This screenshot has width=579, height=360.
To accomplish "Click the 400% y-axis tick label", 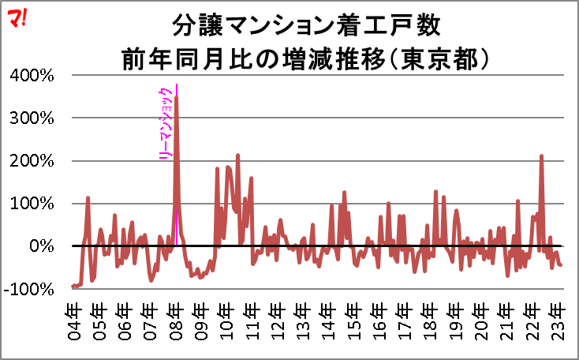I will tap(32, 76).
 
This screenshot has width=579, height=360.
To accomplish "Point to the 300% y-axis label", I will tap(32, 118).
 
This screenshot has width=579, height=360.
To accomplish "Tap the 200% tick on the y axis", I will tap(32, 161).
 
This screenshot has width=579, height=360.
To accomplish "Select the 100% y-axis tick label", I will tap(32, 204).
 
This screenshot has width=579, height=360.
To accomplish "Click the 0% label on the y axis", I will tap(39, 246).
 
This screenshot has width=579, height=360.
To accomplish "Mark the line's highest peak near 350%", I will tap(176, 98).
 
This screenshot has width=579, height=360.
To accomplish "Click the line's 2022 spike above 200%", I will tap(542, 156).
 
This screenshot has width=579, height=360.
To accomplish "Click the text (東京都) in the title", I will tap(444, 58).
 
